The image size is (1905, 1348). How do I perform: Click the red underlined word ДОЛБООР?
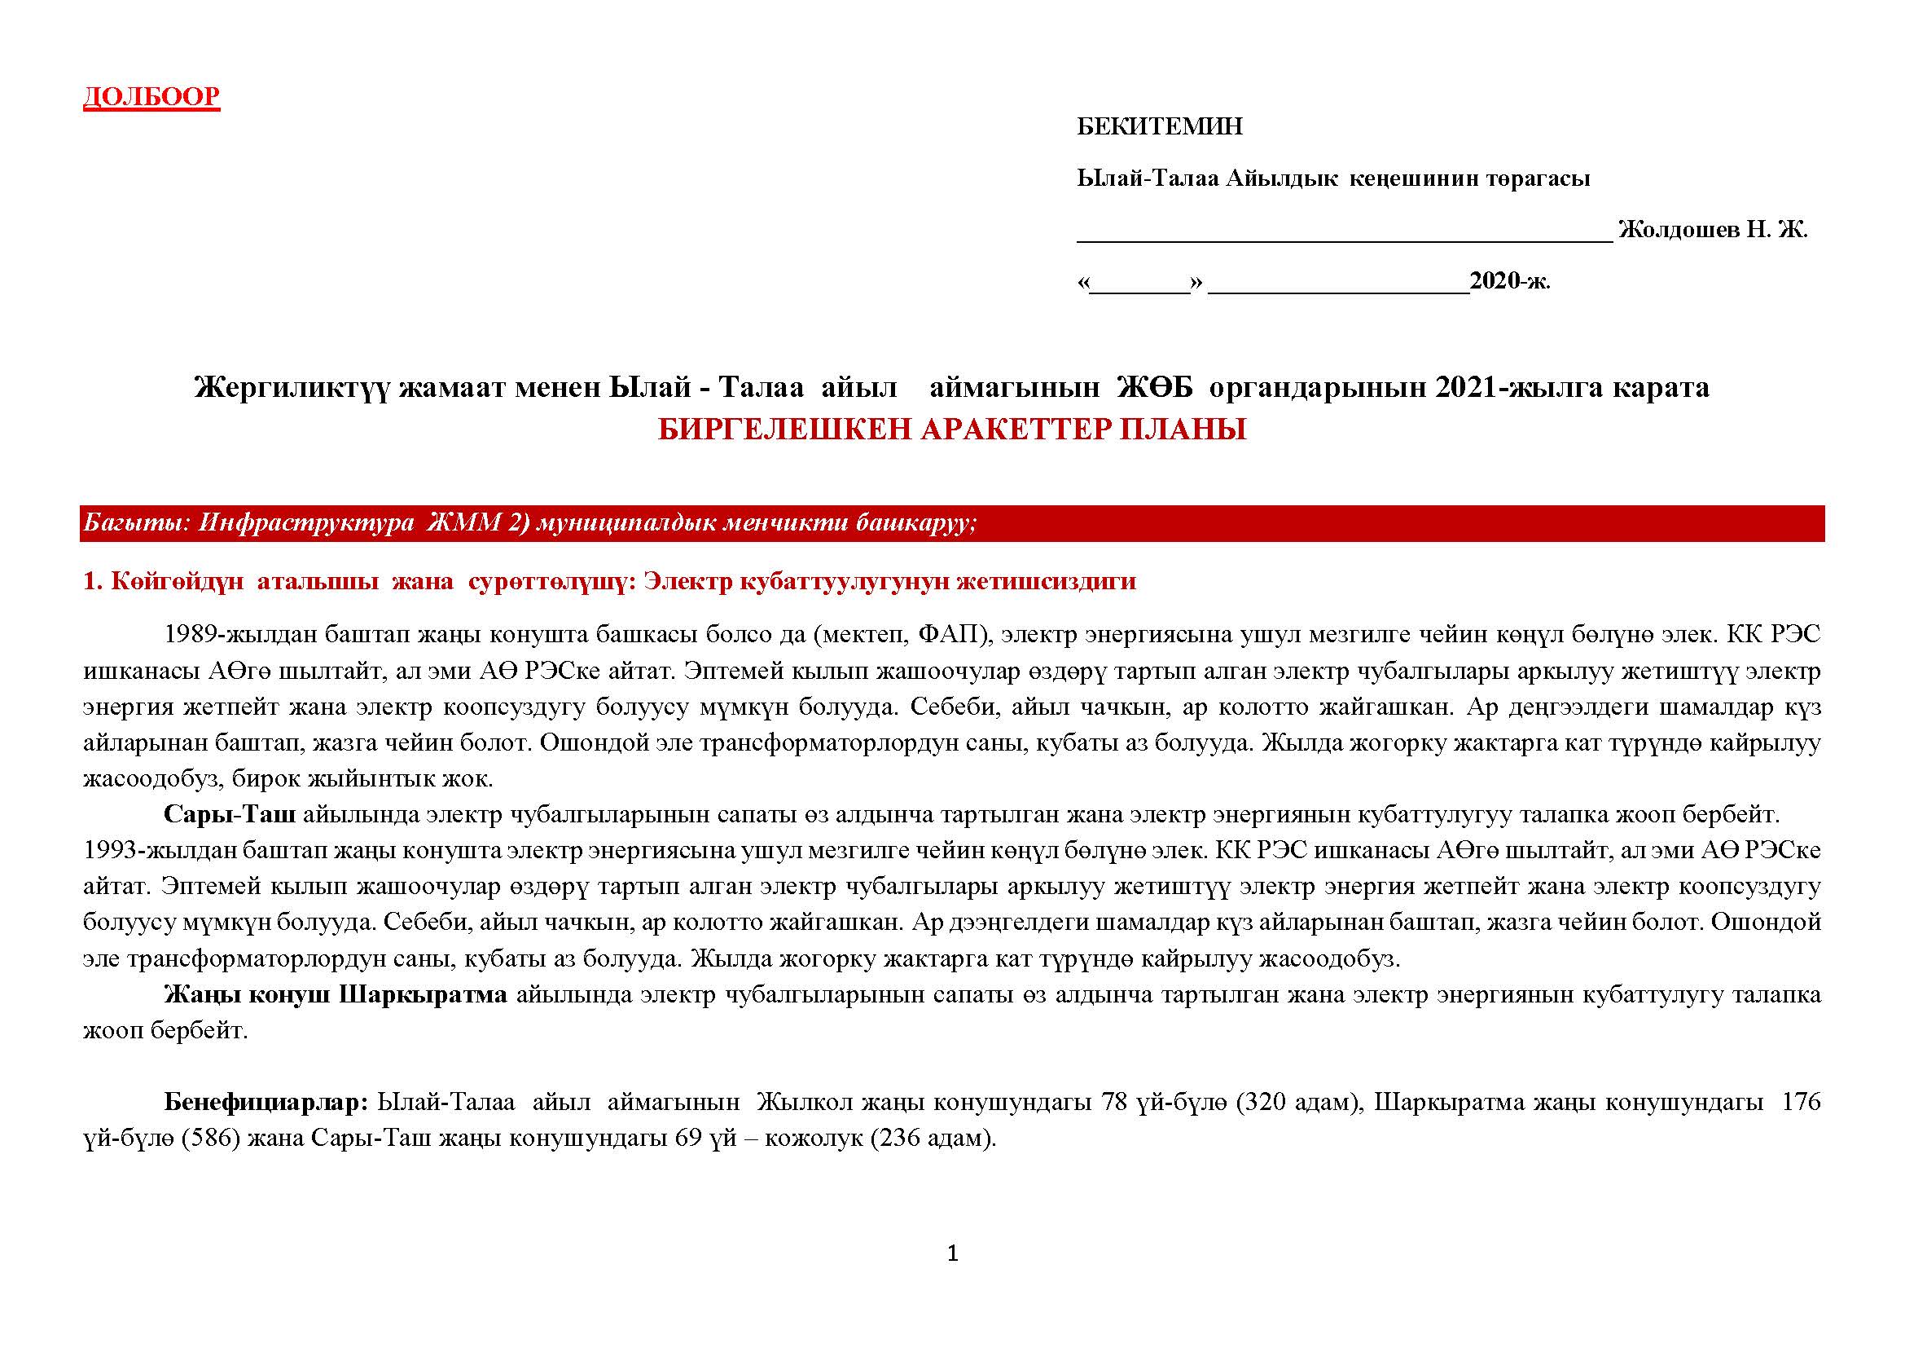pos(151,97)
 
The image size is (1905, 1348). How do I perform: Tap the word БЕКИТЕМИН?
pos(1159,127)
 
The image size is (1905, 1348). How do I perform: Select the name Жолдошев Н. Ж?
pos(1713,230)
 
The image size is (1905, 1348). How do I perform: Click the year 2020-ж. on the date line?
pos(1509,281)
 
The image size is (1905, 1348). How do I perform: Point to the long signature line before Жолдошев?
pos(1344,239)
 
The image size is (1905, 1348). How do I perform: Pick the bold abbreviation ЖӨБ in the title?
pos(1154,387)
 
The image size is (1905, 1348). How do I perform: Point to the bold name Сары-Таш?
pos(229,814)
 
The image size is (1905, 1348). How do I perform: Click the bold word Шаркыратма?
pos(424,994)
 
